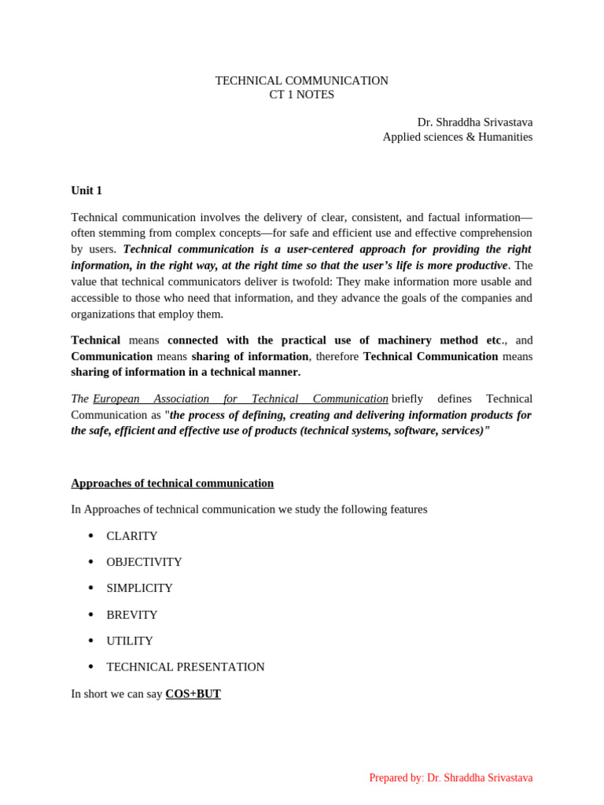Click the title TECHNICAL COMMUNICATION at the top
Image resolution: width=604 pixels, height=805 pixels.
pos(301,81)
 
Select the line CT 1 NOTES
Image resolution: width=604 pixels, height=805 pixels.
pos(301,94)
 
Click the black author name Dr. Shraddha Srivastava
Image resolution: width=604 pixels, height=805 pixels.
pos(474,123)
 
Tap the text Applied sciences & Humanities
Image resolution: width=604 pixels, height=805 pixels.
pos(457,137)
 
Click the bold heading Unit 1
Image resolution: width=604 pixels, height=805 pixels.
pos(87,190)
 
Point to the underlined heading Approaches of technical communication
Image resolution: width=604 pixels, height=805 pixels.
pos(172,483)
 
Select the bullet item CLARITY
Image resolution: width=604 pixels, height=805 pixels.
pos(132,536)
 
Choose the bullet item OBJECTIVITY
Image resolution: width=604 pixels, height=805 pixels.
pos(144,562)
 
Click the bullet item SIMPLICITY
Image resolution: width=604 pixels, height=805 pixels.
pos(139,588)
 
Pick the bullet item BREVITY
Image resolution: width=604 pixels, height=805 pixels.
pos(132,615)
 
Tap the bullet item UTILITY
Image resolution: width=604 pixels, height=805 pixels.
pos(130,641)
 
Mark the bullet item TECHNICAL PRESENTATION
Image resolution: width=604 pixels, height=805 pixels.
pos(186,667)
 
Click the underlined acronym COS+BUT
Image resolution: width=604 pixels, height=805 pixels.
pos(193,693)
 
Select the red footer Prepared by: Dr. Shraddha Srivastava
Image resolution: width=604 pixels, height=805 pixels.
pos(451,777)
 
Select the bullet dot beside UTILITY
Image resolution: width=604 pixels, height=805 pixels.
pos(91,641)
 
